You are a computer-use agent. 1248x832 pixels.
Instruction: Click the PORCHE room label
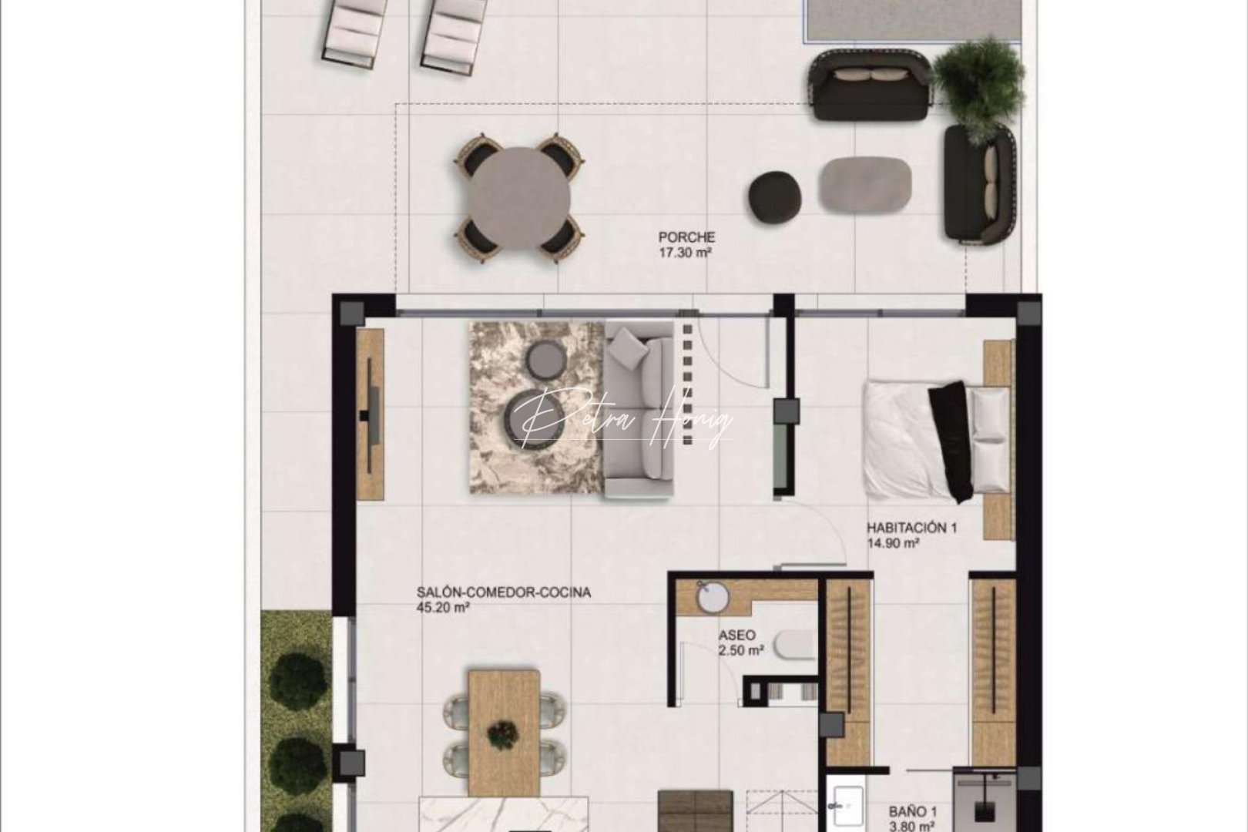(x=686, y=238)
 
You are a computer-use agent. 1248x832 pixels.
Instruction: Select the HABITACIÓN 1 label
(x=911, y=528)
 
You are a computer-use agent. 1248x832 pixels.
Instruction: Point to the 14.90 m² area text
(x=893, y=543)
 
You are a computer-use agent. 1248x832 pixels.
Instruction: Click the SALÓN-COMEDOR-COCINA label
(x=504, y=593)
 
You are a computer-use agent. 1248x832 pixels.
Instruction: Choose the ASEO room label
(x=737, y=636)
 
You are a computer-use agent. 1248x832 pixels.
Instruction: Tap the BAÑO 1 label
(x=913, y=812)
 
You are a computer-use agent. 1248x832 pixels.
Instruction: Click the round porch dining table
(x=519, y=198)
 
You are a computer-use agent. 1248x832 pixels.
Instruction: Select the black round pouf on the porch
(x=775, y=193)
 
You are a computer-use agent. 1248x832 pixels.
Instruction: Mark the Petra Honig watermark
(x=624, y=420)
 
